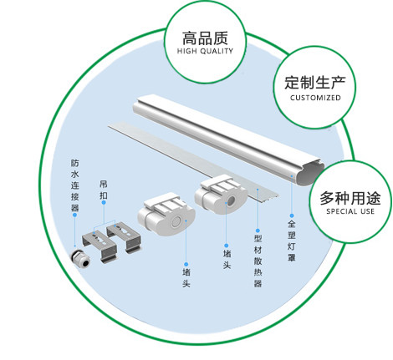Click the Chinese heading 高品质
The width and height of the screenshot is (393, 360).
pos(205,38)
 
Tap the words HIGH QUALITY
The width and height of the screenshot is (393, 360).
pos(205,51)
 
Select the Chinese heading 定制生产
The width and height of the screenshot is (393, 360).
pos(315,83)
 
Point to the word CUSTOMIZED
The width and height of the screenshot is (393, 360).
pos(315,98)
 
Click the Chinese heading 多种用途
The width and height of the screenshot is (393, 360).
pos(350,198)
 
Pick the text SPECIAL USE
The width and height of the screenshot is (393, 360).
pos(350,211)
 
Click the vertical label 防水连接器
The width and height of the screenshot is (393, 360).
pos(74,185)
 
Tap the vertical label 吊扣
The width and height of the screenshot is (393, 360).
pos(104,190)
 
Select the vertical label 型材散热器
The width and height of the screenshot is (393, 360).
pos(258,261)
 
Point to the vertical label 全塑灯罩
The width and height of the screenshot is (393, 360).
pos(292,241)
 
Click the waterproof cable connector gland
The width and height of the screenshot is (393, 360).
pos(80,258)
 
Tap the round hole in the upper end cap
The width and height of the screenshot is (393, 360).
pos(232,200)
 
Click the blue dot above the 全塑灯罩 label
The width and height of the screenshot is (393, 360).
pos(292,215)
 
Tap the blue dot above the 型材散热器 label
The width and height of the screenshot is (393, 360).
pos(258,231)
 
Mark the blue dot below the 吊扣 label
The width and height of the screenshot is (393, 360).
pos(104,202)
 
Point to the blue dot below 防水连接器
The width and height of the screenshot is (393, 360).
pos(74,215)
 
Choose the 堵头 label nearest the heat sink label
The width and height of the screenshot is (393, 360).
pos(227,259)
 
